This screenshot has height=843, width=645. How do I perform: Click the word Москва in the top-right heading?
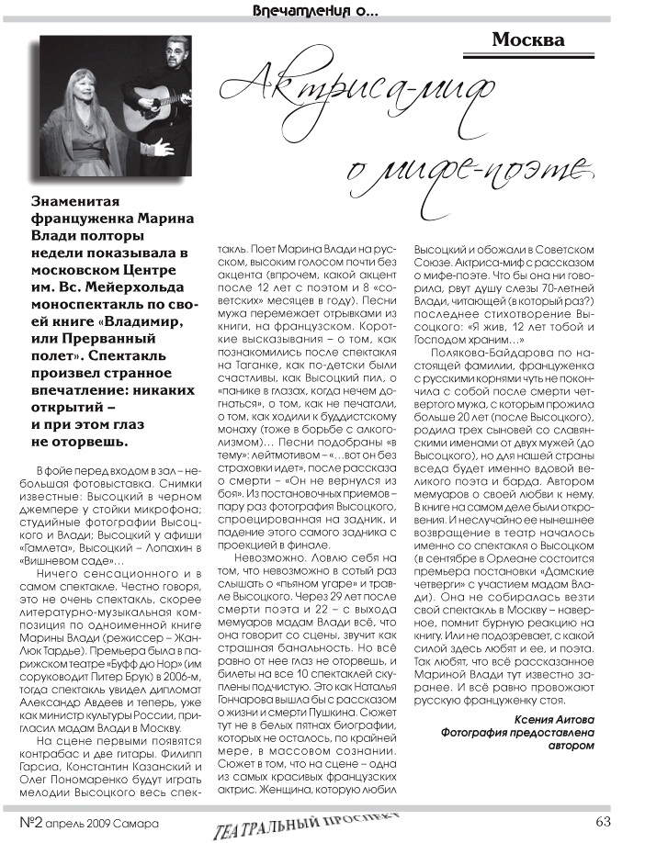coord(527,40)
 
